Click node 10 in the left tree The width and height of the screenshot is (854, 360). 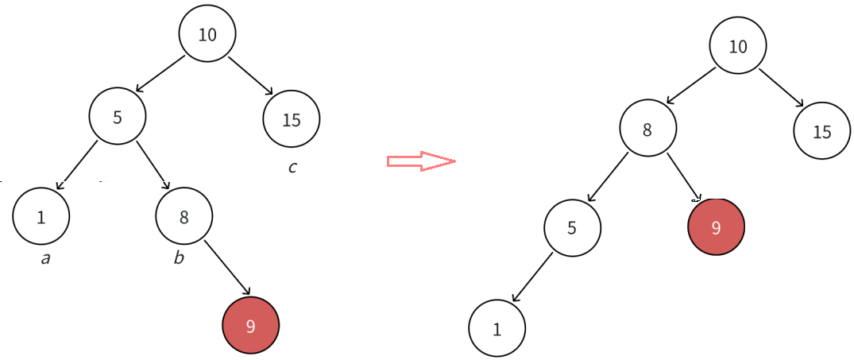207,34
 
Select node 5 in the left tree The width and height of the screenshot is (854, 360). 118,117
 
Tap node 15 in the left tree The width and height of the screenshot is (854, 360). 292,119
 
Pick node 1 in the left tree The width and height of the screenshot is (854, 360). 41,216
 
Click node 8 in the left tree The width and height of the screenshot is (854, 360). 184,216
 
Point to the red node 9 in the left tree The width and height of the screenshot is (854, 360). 251,325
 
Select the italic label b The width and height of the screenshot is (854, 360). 180,258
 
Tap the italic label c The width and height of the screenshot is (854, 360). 292,168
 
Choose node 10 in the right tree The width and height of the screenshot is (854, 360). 738,46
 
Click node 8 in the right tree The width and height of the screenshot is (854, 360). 647,129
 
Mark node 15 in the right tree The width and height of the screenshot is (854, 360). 822,131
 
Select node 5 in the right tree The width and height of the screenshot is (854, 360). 573,228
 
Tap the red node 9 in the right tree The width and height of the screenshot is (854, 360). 716,227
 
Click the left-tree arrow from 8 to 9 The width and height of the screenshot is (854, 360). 228,267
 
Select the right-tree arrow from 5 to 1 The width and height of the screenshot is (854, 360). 532,277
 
